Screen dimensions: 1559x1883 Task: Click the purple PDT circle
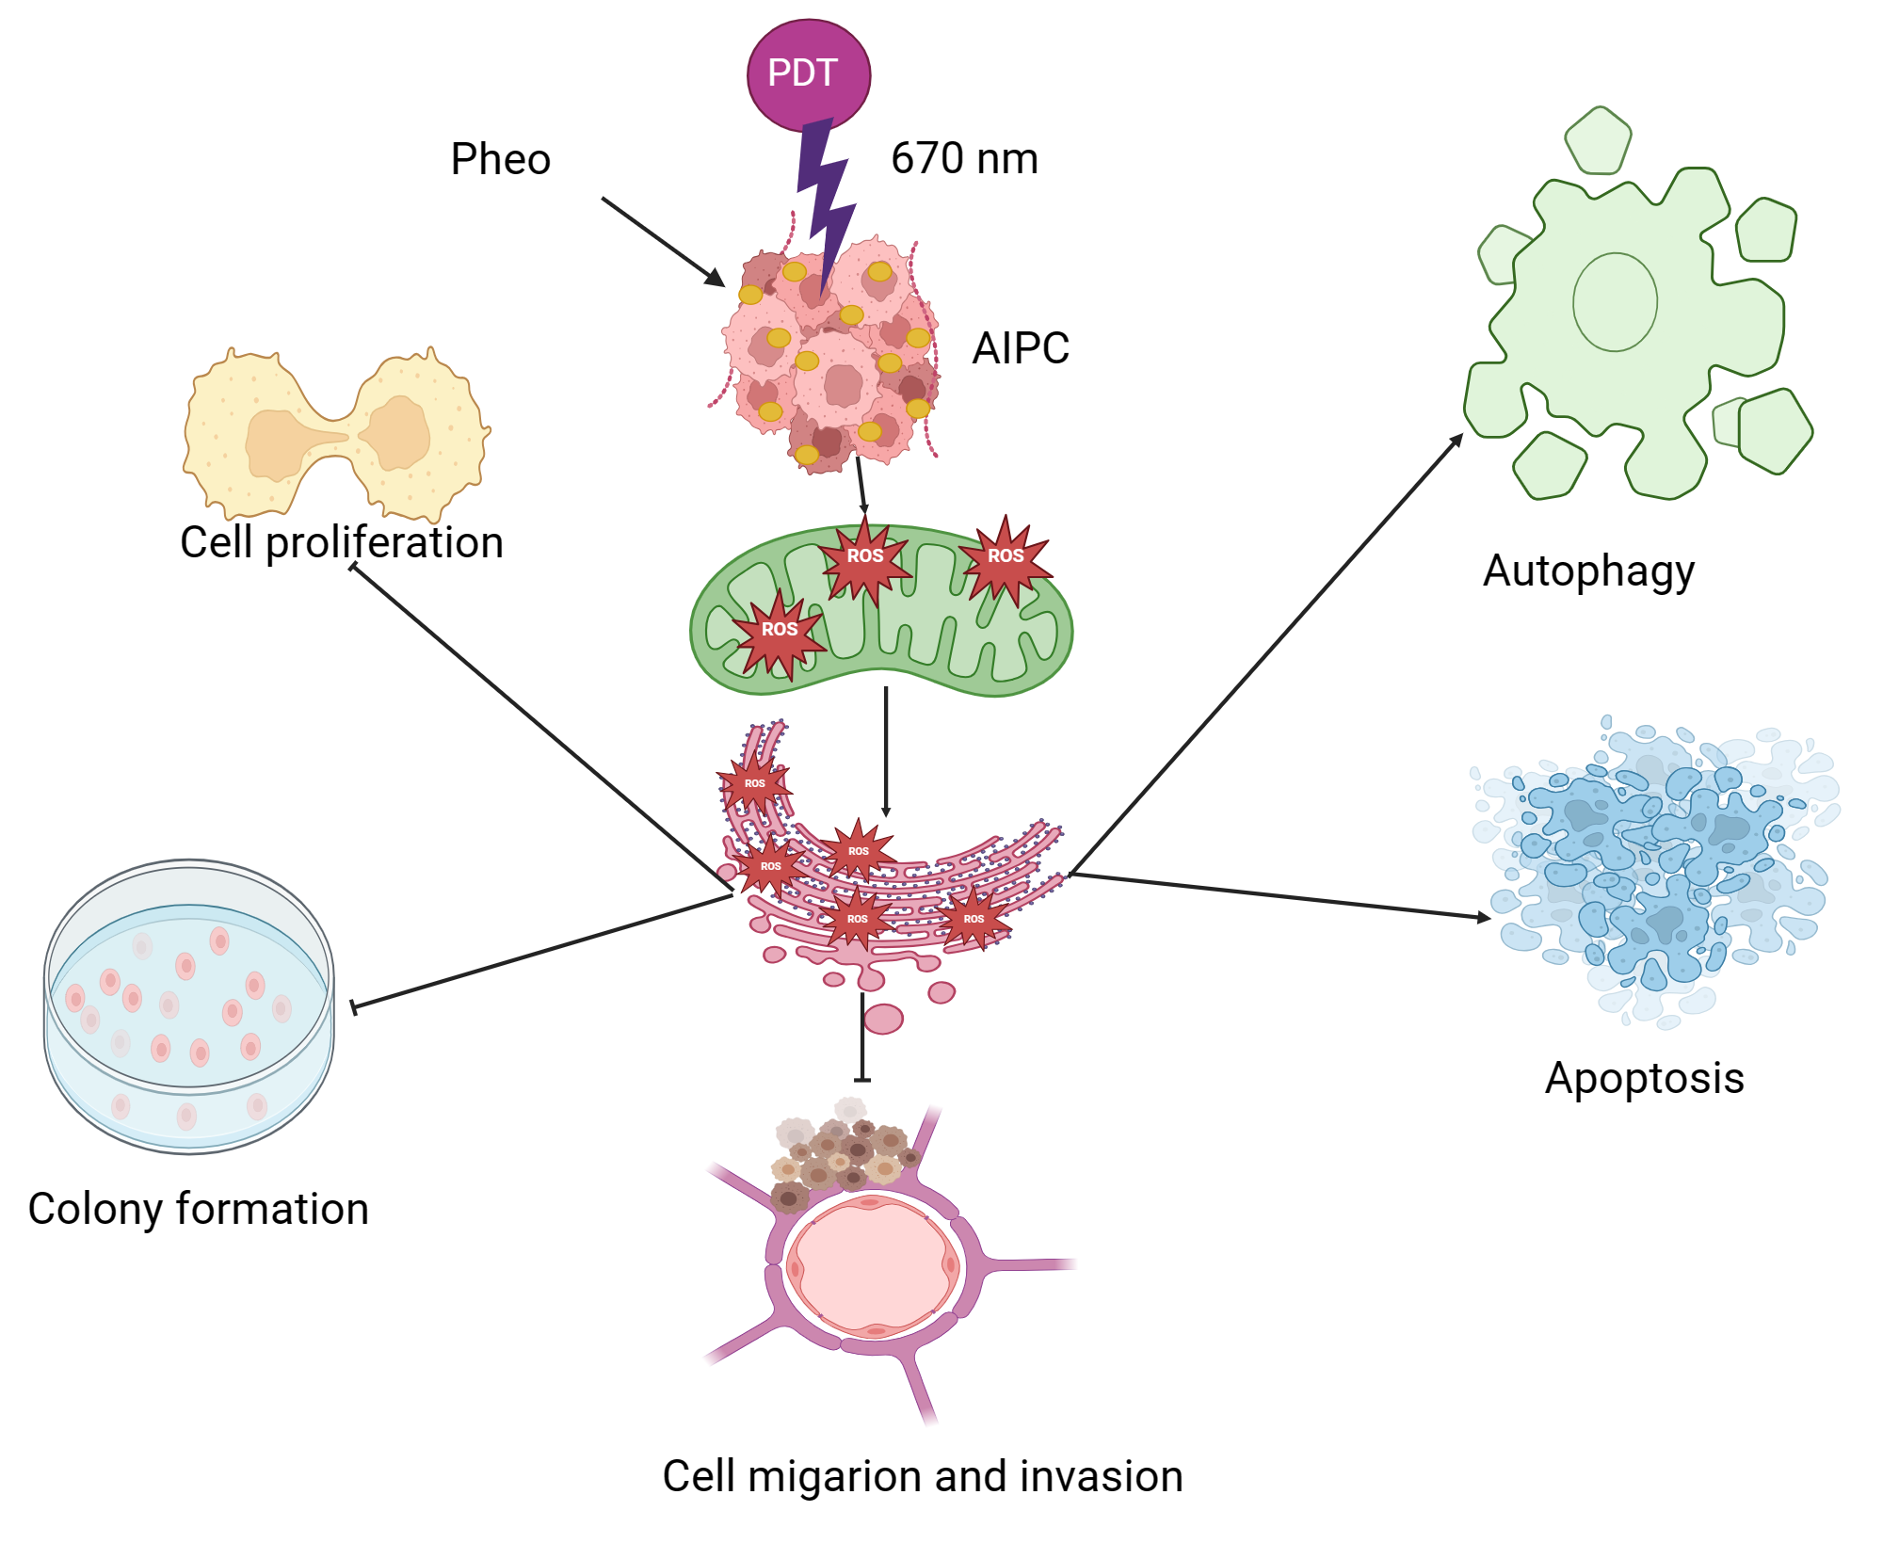pos(808,74)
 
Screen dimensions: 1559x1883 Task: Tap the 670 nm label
pos(964,158)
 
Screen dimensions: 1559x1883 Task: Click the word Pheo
pos(500,159)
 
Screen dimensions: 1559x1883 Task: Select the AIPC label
pos(1021,348)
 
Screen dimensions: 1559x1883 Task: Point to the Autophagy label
pos(1588,571)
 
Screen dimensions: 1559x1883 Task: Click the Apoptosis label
pos(1644,1078)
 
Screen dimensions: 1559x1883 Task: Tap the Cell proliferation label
pos(342,543)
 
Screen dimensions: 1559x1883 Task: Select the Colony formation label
pos(198,1209)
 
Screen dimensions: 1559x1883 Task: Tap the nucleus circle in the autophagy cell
pos(1615,302)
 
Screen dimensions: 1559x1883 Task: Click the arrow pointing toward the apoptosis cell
pos(1280,895)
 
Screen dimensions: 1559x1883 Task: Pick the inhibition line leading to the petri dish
pos(541,952)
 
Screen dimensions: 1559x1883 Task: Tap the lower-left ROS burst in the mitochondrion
pos(780,631)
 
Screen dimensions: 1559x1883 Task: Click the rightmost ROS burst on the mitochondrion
pos(1005,557)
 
